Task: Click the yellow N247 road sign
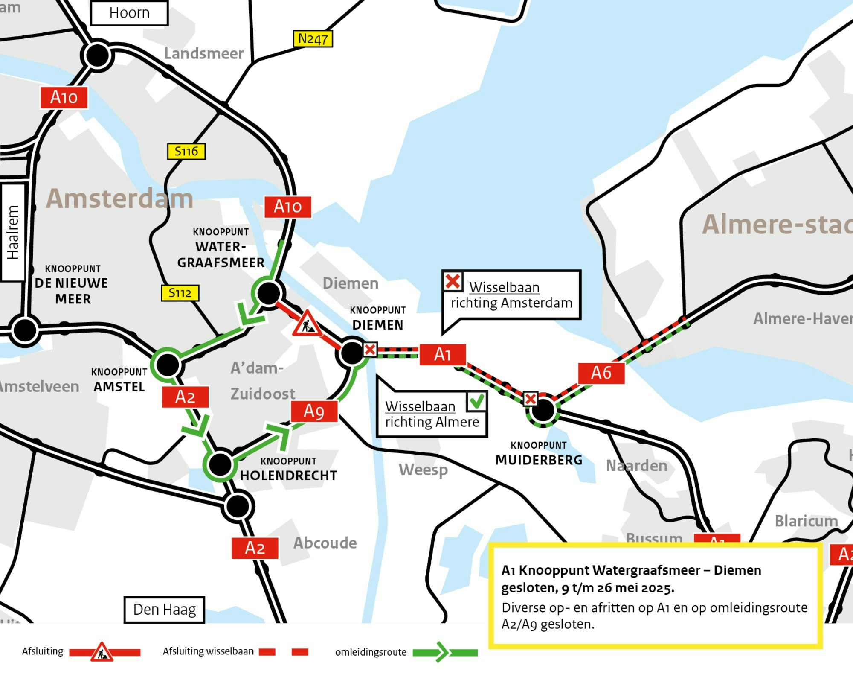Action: click(313, 39)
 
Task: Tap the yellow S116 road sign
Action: click(186, 151)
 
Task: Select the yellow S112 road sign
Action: click(180, 293)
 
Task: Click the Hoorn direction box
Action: click(129, 13)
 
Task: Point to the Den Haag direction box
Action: click(164, 610)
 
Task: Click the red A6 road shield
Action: click(601, 373)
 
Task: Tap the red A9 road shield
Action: click(314, 411)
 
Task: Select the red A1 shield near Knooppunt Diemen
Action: click(442, 354)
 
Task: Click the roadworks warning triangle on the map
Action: click(307, 324)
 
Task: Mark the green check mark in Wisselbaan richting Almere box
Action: click(476, 401)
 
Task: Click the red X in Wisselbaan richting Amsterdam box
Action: click(453, 281)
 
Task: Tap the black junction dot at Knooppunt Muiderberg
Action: click(543, 411)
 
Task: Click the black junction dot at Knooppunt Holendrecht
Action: click(220, 464)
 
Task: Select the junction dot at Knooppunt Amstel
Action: click(168, 365)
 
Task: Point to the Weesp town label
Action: click(423, 470)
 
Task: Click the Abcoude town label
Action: click(325, 543)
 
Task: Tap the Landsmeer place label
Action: click(204, 53)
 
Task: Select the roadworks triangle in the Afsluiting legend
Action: click(102, 652)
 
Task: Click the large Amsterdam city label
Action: click(119, 199)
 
